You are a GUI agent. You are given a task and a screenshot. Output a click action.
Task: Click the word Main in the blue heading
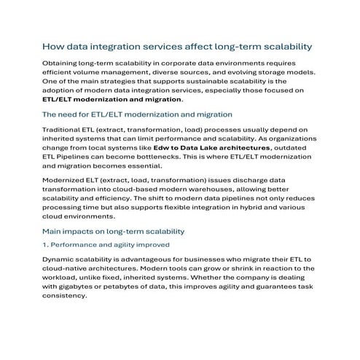(x=54, y=230)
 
